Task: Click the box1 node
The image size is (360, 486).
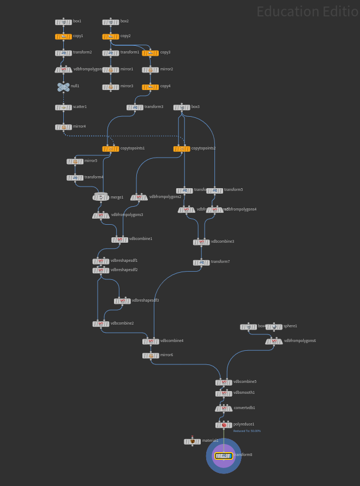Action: coord(63,22)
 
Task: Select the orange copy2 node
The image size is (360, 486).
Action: coord(111,37)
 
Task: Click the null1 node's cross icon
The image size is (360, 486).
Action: coord(63,87)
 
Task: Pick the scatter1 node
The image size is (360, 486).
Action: coord(63,107)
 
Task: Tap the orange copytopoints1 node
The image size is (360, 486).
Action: coord(111,149)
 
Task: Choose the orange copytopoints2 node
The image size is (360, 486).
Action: coord(182,149)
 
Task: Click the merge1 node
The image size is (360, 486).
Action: coord(101,197)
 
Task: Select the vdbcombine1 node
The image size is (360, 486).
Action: coord(120,239)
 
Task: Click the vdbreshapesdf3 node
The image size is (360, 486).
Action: coord(122,301)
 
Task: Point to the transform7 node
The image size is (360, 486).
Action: coord(201,262)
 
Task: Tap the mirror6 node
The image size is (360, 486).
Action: coord(151,356)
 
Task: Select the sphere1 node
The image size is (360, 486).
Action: coord(274,327)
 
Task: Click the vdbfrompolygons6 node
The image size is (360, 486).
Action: coord(274,341)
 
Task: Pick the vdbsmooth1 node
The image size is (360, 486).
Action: coord(224,393)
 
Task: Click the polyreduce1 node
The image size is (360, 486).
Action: coord(224,425)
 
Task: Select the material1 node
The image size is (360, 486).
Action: coord(192,441)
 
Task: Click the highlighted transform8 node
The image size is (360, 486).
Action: coord(224,455)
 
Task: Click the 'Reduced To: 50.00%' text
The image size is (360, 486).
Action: coord(247,431)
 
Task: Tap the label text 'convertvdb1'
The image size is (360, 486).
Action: coord(244,408)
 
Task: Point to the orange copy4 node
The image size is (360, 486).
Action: coord(151,87)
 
